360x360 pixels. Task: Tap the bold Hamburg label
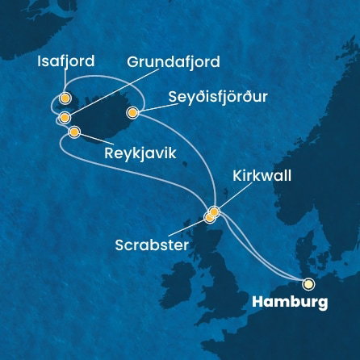click(290, 303)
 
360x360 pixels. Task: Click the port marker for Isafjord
click(66, 98)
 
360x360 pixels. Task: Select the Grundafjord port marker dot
click(64, 118)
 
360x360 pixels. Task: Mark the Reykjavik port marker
click(74, 132)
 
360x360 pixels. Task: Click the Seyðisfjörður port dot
click(132, 114)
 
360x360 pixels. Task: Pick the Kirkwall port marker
click(214, 211)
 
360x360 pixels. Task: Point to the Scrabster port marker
click(209, 217)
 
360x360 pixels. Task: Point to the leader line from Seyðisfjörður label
click(150, 106)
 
